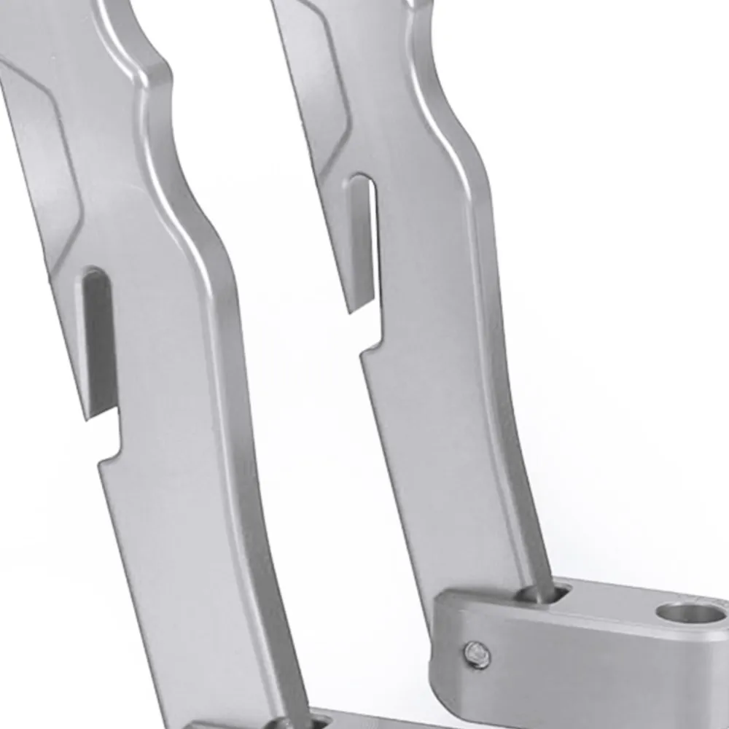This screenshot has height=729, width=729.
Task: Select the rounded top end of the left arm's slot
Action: point(95,276)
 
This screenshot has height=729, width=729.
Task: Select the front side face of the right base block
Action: point(583,671)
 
